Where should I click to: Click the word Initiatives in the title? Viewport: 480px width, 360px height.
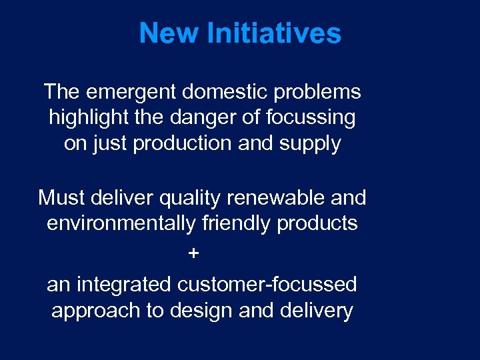point(274,33)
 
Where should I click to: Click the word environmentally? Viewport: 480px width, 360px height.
point(122,223)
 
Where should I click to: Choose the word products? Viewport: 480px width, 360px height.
point(317,223)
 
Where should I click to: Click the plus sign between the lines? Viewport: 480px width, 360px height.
point(194,254)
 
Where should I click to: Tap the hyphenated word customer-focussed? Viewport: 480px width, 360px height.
point(267,285)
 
